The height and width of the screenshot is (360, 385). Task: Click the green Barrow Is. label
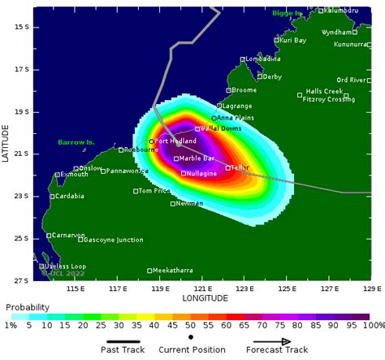[x=76, y=142]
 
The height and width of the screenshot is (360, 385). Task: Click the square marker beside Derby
[x=258, y=77]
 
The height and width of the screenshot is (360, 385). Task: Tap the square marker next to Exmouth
[x=58, y=175]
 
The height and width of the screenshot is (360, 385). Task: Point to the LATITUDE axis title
[x=6, y=143]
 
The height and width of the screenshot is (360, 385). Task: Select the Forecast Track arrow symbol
[x=283, y=342]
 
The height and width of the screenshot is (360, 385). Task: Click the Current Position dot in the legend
[x=189, y=336]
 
